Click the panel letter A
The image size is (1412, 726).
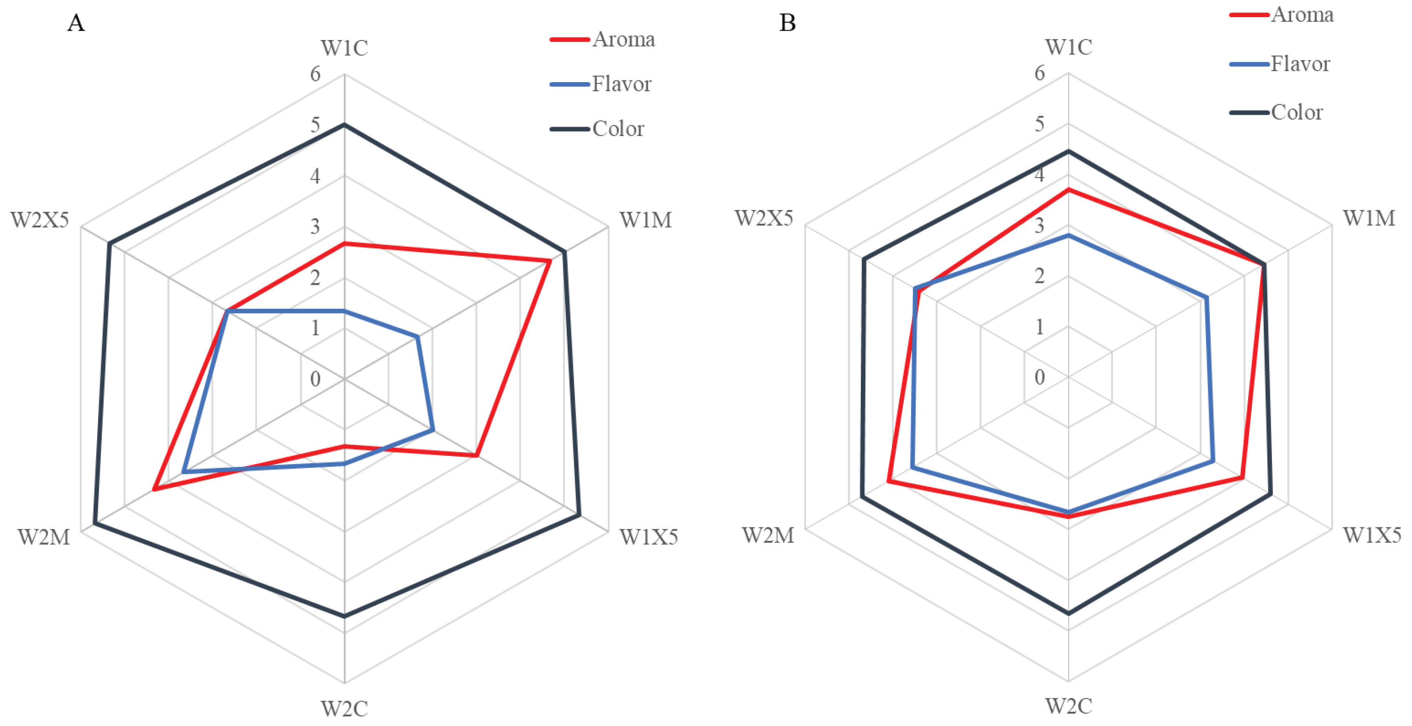coord(76,24)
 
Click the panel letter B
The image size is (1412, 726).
coord(787,24)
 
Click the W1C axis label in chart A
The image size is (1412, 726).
coord(344,48)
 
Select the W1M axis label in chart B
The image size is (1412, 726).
coord(1369,219)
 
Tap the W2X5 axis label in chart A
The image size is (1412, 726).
coord(40,220)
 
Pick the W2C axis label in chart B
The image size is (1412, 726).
coord(1068,706)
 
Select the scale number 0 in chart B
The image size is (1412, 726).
coord(1039,378)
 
